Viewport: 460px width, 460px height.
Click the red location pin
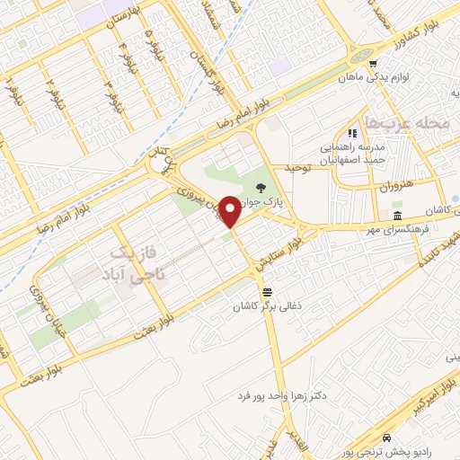[230, 211]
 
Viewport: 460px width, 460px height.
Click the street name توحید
[297, 169]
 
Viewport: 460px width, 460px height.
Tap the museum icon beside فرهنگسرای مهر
[396, 217]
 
